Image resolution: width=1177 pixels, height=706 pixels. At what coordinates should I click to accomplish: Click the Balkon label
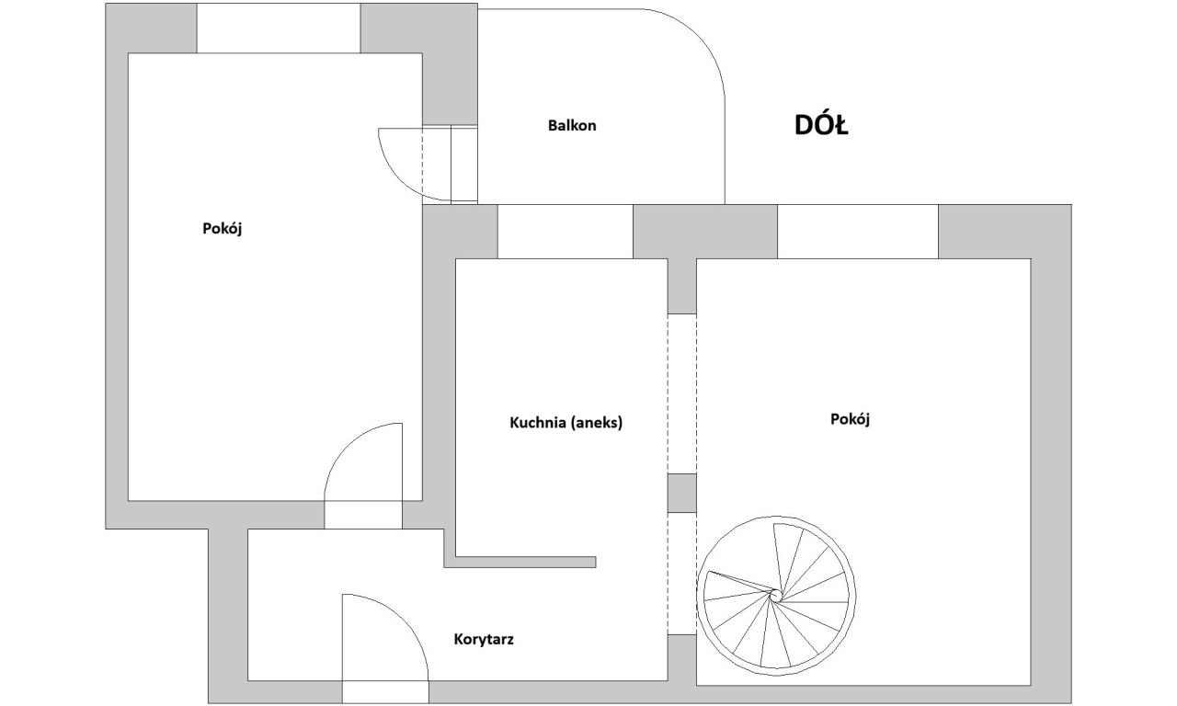[x=572, y=126]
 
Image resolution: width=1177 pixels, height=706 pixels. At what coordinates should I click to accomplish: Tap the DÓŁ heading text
[x=821, y=126]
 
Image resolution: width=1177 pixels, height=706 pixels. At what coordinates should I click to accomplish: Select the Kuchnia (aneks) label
[x=566, y=423]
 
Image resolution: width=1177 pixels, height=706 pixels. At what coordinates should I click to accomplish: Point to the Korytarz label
[x=484, y=639]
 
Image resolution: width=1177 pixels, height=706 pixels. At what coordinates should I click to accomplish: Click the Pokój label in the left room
[x=223, y=229]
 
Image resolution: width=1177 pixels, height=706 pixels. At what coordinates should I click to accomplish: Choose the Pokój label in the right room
[x=851, y=419]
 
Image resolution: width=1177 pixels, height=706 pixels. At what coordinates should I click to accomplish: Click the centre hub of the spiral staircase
[x=774, y=595]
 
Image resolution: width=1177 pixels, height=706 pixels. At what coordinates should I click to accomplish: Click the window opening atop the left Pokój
[x=279, y=28]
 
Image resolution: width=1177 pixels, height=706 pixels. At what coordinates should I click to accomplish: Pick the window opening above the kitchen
[x=565, y=232]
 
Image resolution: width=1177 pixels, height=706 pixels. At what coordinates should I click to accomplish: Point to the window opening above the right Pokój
[x=858, y=232]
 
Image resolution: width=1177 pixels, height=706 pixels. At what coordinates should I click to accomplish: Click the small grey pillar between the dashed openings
[x=682, y=494]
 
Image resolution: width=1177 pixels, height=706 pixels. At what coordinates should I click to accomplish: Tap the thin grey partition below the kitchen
[x=520, y=562]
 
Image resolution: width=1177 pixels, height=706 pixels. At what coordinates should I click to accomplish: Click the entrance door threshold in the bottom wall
[x=385, y=692]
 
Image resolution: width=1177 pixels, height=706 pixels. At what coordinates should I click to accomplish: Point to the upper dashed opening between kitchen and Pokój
[x=682, y=394]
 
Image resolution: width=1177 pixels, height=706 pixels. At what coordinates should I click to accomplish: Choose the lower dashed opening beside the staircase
[x=682, y=574]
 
